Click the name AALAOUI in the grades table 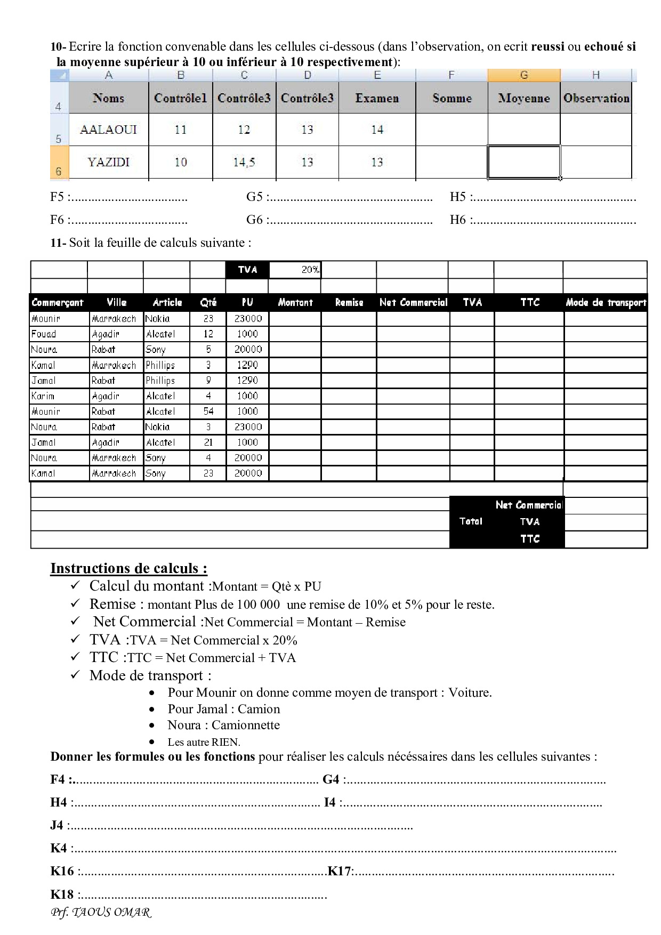108,130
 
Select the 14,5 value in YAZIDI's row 244,162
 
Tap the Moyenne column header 523,98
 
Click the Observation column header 596,98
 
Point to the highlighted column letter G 523,75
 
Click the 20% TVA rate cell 295,270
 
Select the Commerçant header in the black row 58,302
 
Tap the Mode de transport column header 606,302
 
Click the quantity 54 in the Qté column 208,411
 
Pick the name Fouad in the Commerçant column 44,334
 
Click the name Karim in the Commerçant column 43,396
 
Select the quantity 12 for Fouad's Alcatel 208,334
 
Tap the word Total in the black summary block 471,521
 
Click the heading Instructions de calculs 128,568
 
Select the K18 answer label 62,894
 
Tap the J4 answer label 57,825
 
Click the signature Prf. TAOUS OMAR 101,912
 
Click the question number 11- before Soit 58,243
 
